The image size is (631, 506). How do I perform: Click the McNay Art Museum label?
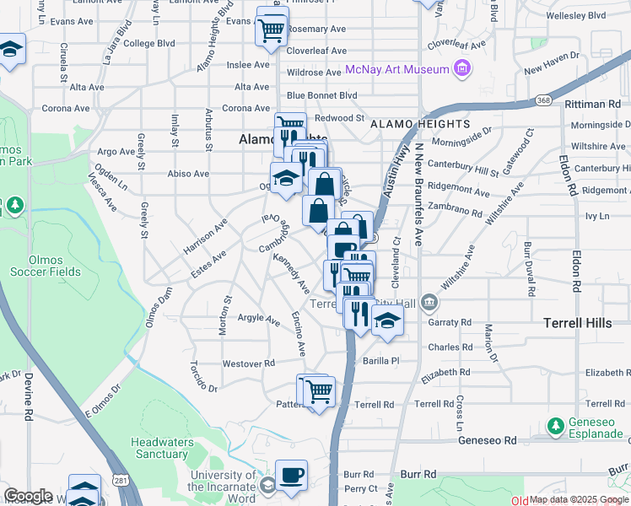[x=396, y=68]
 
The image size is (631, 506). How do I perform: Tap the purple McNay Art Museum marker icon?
[x=461, y=68]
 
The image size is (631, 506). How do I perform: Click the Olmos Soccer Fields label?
[x=46, y=266]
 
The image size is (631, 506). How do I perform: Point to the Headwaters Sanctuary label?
[x=159, y=448]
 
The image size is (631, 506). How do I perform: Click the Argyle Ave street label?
[x=258, y=319]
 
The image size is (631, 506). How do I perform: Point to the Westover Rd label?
[x=249, y=363]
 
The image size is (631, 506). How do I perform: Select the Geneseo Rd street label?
[x=487, y=440]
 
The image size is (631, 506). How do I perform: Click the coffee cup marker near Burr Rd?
[x=291, y=476]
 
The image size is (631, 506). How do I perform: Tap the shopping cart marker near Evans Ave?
[x=272, y=29]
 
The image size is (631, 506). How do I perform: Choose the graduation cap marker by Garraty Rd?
[x=386, y=321]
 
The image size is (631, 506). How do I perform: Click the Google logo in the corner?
[x=28, y=496]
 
